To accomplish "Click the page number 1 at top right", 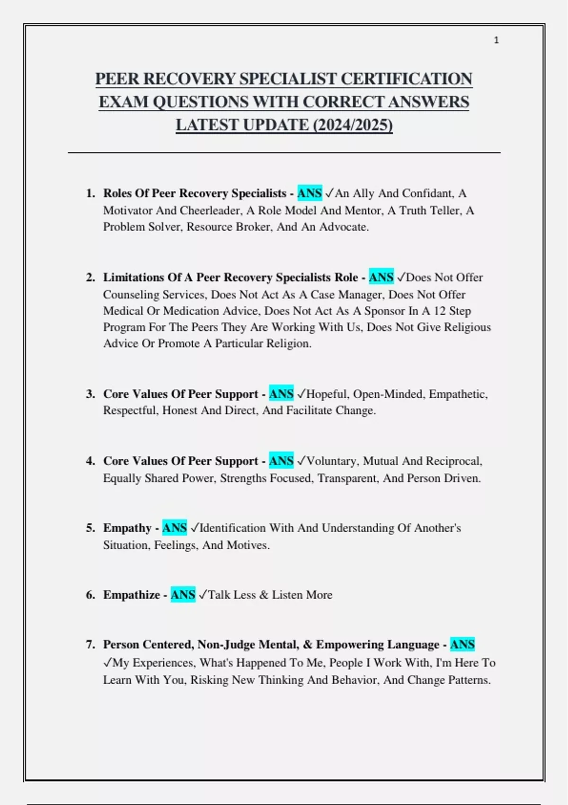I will [496, 40].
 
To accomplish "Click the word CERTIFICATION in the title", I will [406, 79].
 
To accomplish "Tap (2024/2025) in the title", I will [353, 125].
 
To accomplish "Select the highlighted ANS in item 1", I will [310, 193].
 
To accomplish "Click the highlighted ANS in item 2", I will [381, 277].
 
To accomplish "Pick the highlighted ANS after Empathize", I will [183, 595].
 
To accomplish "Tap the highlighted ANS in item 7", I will [462, 644].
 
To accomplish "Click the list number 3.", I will [90, 394].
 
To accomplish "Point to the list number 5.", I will [90, 528].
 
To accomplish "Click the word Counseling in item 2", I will [131, 295].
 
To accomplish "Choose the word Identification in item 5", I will [232, 528].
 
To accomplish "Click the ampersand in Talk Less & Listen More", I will [264, 595].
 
